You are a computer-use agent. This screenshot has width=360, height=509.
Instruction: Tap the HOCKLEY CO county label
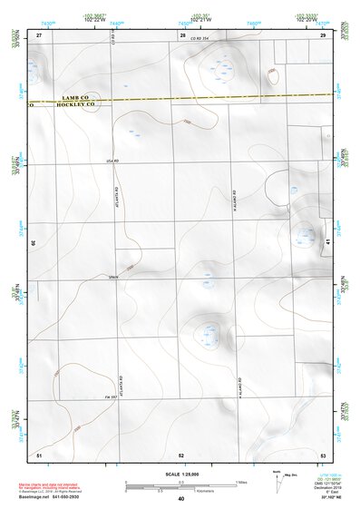(x=76, y=104)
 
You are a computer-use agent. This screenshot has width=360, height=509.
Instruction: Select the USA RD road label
(x=113, y=161)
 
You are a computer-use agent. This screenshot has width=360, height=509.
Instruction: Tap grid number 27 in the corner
(x=39, y=34)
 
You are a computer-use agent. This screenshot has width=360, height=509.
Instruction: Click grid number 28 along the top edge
(x=182, y=34)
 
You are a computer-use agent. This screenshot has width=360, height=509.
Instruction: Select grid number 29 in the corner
(x=323, y=34)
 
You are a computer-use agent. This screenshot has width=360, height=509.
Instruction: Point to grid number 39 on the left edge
(x=33, y=243)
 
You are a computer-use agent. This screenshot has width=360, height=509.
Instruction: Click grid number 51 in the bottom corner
(x=39, y=454)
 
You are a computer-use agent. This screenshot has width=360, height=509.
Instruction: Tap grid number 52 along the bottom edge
(x=181, y=454)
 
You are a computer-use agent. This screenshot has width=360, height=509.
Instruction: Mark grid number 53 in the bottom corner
(x=323, y=454)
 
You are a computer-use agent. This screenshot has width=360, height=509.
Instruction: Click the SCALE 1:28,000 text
(x=180, y=475)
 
